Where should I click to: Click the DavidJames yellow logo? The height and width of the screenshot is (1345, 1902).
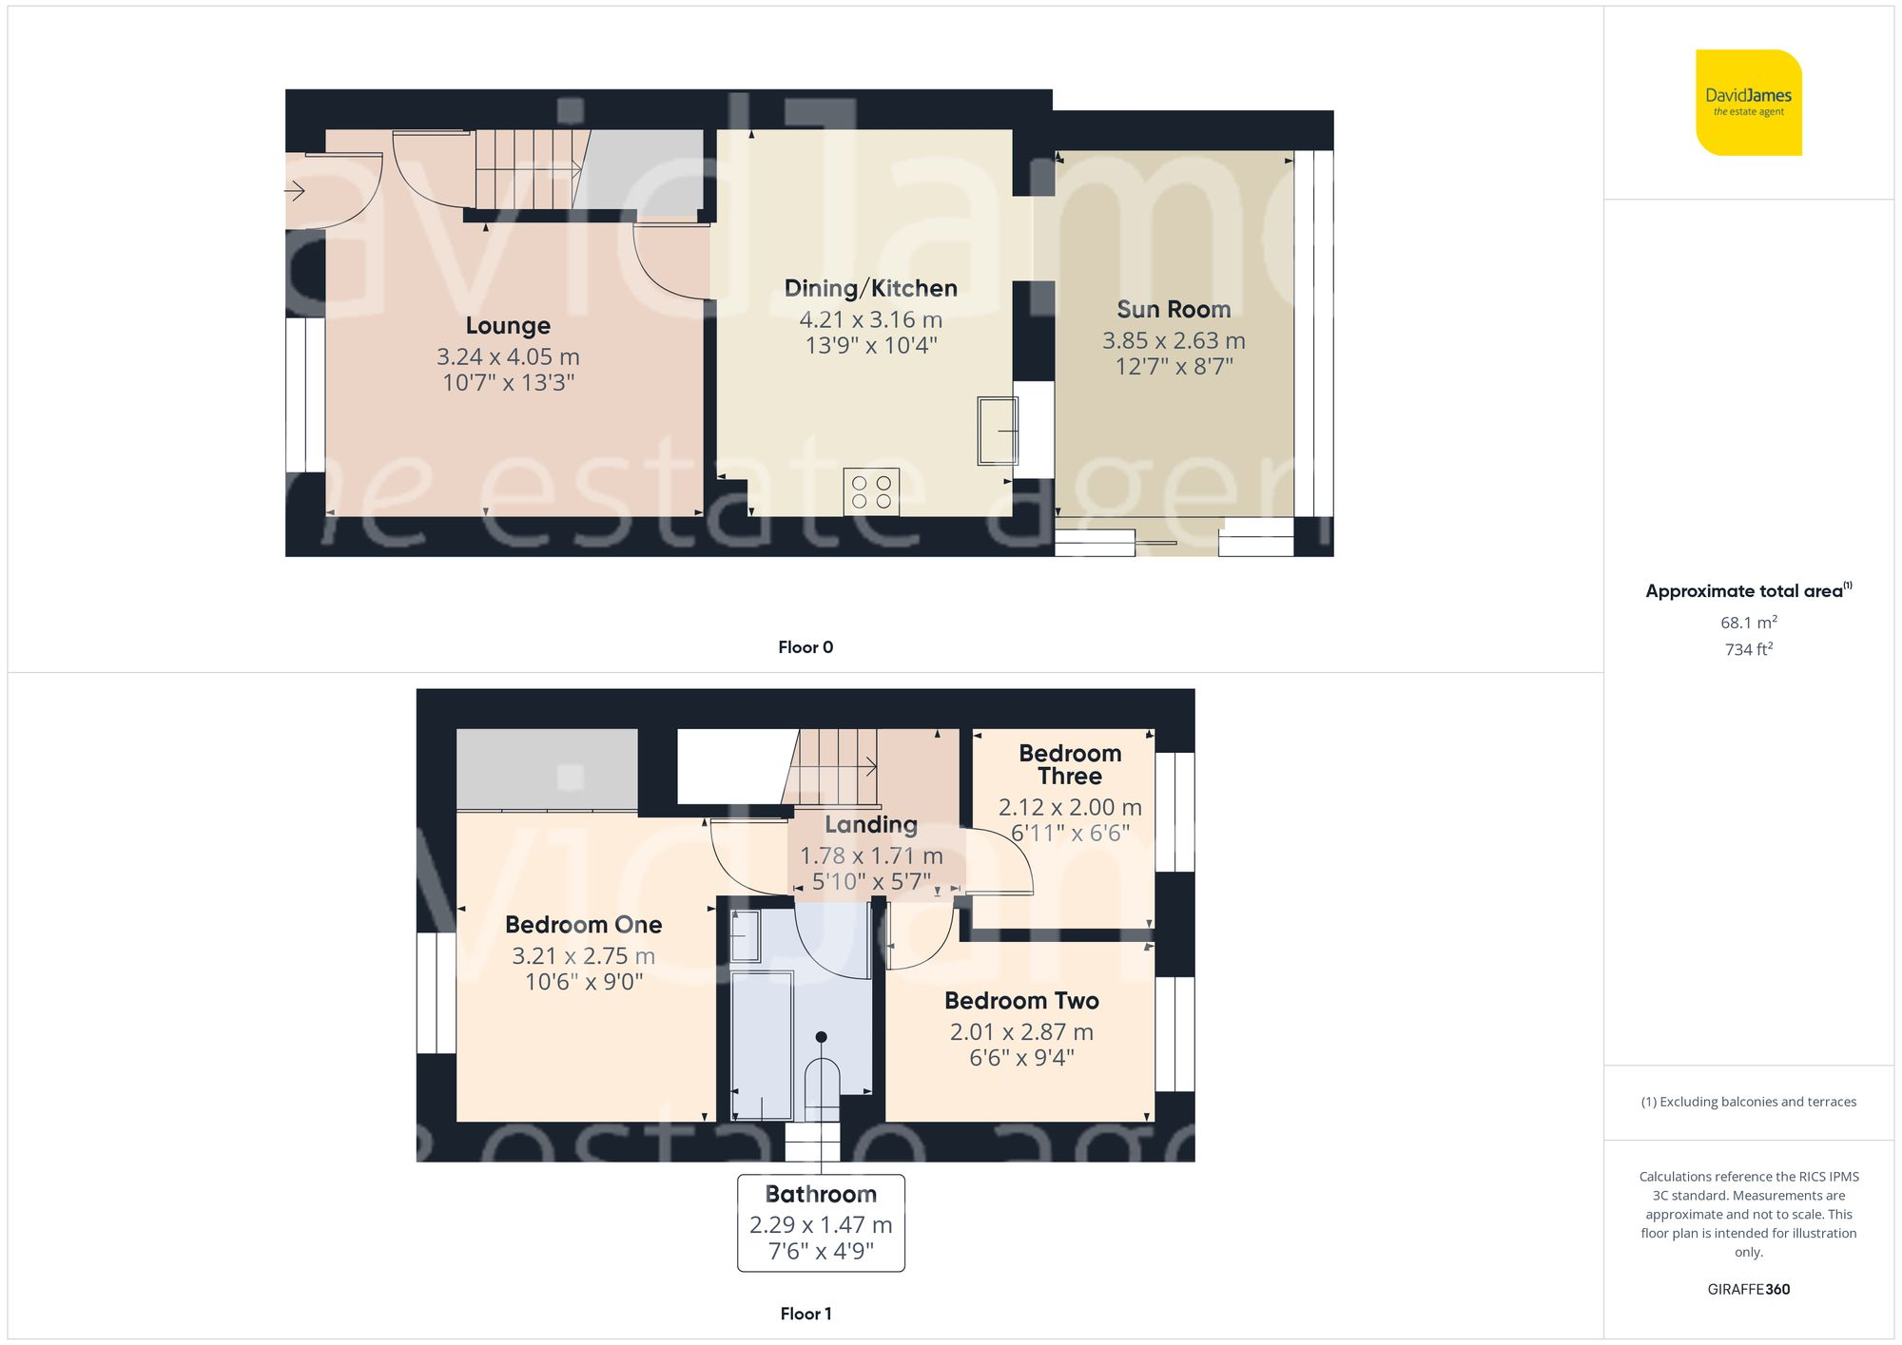pyautogui.click(x=1748, y=103)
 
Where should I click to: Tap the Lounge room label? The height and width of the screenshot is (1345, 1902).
pyautogui.click(x=508, y=326)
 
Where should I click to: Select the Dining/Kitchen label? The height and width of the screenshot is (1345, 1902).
pyautogui.click(x=870, y=289)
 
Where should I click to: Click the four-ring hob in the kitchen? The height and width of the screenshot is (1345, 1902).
pyautogui.click(x=871, y=492)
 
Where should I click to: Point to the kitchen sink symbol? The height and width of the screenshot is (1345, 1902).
pyautogui.click(x=997, y=431)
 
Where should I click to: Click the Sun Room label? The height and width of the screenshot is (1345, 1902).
pyautogui.click(x=1174, y=310)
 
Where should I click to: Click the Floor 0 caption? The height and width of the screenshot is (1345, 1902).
pyautogui.click(x=805, y=647)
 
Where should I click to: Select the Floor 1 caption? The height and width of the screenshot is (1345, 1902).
pyautogui.click(x=805, y=1314)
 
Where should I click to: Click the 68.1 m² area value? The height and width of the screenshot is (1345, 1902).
pyautogui.click(x=1748, y=623)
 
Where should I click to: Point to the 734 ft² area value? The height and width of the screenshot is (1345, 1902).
pyautogui.click(x=1748, y=649)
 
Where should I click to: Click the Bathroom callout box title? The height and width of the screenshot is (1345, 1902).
pyautogui.click(x=821, y=1195)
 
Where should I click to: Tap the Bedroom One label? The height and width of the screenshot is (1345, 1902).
pyautogui.click(x=583, y=925)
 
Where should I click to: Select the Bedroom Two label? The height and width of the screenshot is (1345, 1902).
pyautogui.click(x=1021, y=1001)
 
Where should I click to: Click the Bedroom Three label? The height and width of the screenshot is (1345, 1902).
pyautogui.click(x=1070, y=764)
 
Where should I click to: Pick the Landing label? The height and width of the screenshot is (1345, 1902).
pyautogui.click(x=871, y=825)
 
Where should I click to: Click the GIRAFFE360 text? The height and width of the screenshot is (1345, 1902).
pyautogui.click(x=1748, y=1290)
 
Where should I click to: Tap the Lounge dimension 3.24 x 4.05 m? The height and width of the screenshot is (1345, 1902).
pyautogui.click(x=508, y=357)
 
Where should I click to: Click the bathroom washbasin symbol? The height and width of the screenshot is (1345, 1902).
pyautogui.click(x=745, y=935)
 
